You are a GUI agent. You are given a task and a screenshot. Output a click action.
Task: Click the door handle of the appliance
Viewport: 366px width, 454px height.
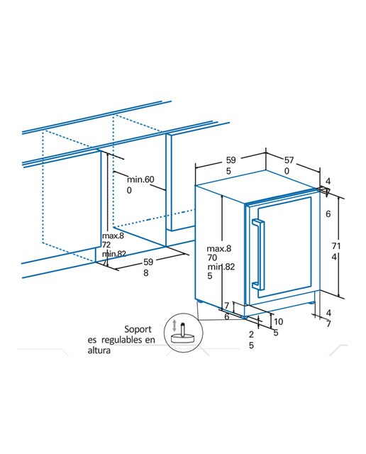259,255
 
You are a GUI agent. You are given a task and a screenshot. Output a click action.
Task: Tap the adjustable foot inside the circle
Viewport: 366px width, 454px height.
183,334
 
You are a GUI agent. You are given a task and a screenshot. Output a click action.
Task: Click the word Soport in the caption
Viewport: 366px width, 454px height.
138,329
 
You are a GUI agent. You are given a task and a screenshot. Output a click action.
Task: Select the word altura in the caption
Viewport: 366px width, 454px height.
99,350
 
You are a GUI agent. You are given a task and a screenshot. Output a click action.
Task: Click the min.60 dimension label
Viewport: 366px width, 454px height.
140,179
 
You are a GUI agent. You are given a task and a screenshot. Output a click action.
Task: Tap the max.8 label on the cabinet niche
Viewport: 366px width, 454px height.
113,236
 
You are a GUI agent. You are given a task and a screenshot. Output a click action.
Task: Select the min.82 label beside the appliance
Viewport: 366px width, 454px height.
221,267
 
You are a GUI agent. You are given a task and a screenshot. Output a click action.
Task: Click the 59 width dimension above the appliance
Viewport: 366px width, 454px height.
231,160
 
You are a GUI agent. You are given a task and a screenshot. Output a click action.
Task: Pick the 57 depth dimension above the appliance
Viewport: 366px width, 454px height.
289,160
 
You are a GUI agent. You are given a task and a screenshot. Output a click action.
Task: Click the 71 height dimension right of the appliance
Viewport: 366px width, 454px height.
336,246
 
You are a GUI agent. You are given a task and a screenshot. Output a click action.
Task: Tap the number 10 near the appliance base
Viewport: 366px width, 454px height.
278,321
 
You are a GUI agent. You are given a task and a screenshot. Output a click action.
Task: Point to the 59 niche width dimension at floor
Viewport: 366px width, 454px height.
148,262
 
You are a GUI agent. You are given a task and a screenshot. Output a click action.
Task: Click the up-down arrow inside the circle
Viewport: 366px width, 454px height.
174,326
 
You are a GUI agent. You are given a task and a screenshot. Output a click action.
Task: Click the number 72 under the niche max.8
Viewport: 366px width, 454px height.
106,245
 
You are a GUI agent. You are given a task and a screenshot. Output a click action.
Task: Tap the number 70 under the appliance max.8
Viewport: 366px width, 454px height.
212,257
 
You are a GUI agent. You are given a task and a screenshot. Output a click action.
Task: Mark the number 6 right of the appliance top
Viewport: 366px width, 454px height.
328,214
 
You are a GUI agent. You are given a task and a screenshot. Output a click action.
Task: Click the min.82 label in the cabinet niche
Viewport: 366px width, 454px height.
114,254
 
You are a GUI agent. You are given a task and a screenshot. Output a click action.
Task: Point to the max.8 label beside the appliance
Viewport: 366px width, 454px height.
219,248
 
